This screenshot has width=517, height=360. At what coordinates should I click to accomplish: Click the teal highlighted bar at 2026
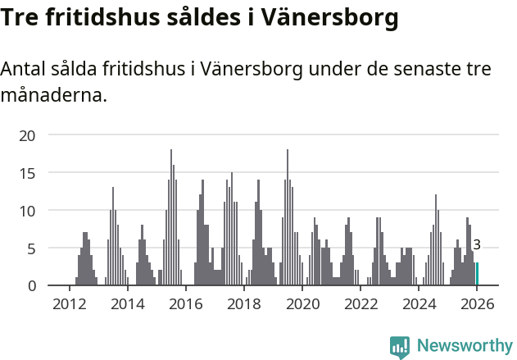478,274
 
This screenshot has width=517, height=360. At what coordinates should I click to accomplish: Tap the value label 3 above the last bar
477,244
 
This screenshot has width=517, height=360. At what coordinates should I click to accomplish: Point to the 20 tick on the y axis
27,135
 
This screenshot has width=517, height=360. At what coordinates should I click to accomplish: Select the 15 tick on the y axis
27,173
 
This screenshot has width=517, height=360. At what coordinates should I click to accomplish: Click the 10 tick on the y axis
27,211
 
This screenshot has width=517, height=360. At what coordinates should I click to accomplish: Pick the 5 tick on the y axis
31,248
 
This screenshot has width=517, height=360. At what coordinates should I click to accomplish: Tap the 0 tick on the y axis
31,285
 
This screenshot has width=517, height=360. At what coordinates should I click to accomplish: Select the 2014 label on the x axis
127,304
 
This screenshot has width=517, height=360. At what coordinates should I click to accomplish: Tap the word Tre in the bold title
22,17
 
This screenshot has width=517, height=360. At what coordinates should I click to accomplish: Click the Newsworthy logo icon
400,347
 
